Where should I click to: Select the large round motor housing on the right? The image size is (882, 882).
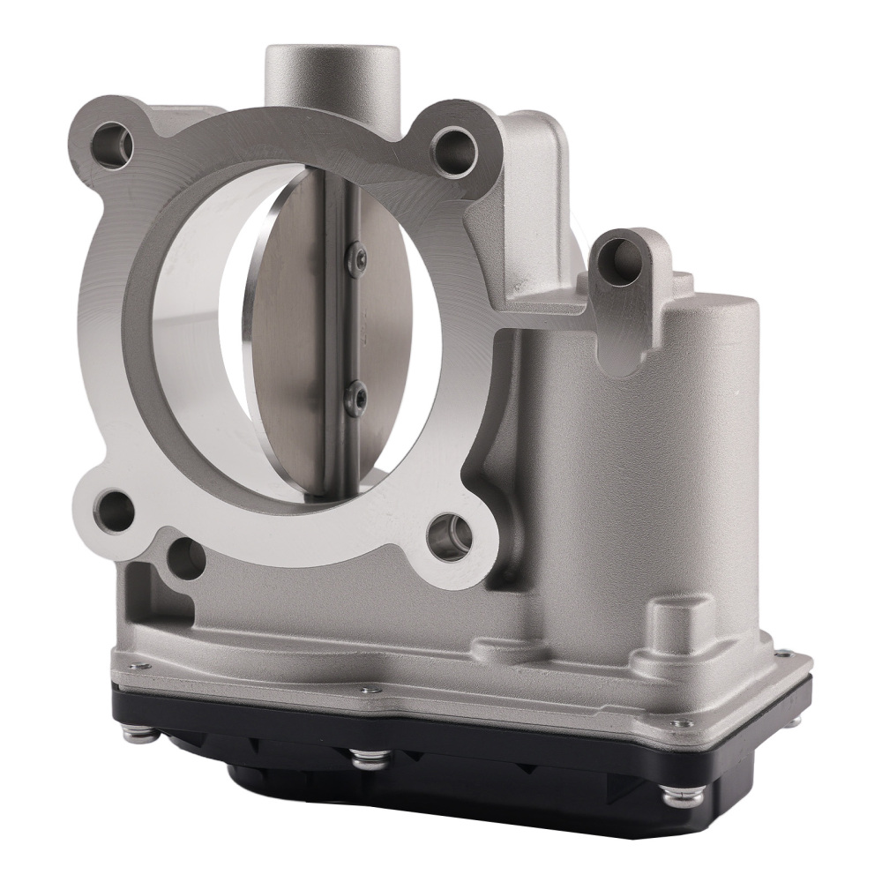(697, 423)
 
